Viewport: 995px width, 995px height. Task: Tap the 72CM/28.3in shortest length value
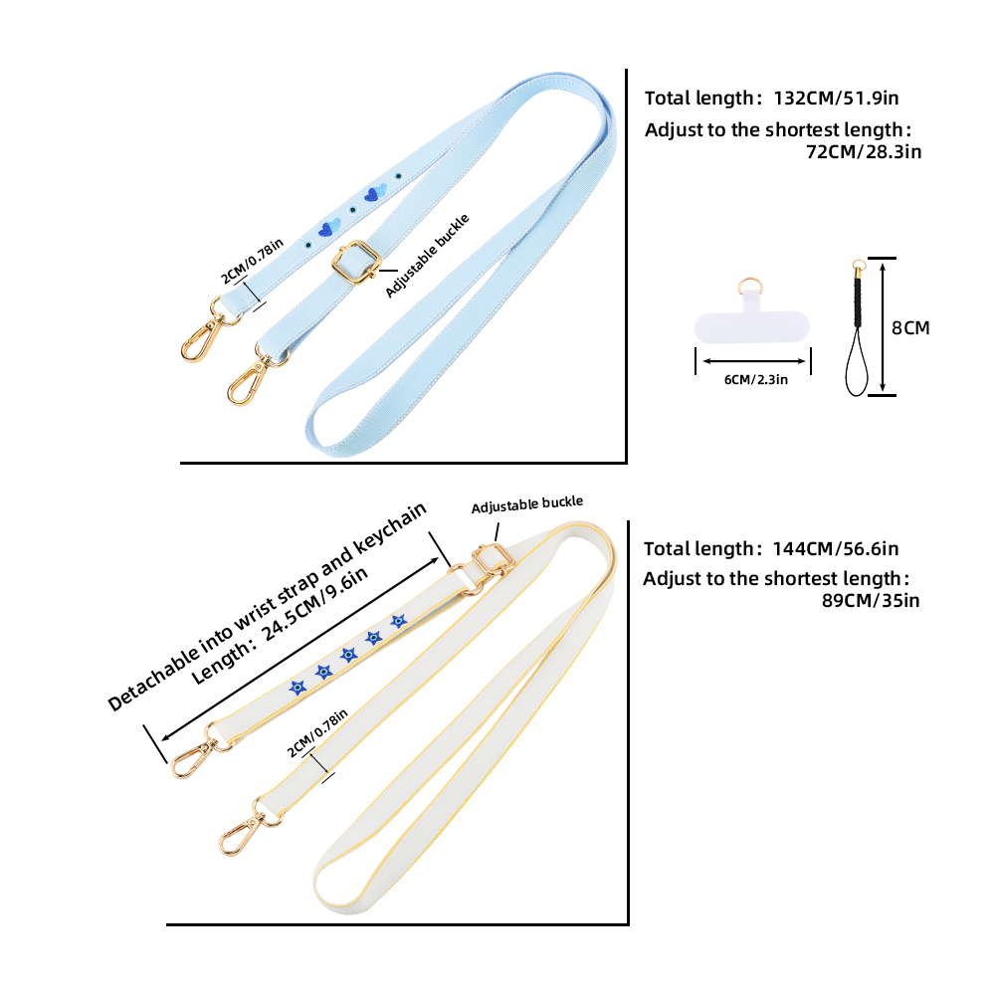(864, 152)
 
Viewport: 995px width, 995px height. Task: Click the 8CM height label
(909, 327)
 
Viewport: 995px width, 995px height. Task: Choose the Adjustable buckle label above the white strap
(527, 505)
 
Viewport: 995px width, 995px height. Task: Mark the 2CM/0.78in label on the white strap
(316, 733)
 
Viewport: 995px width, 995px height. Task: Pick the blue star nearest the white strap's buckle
(399, 622)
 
